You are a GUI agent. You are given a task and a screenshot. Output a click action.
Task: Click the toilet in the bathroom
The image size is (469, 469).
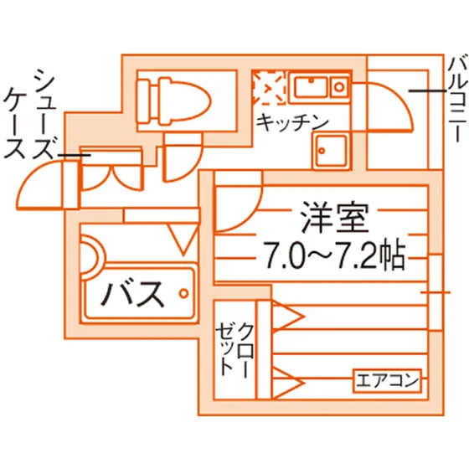(x=173, y=101)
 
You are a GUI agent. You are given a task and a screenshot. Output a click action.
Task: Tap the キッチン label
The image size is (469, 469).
(x=293, y=122)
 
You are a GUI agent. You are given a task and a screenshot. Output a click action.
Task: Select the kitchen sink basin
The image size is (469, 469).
(x=311, y=86)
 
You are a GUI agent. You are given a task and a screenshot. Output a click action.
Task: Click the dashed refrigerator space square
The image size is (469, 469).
(x=268, y=88)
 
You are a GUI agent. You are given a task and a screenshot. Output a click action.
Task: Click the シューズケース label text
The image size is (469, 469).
(x=29, y=114)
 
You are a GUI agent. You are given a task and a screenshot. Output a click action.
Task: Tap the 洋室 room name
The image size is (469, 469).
(x=334, y=218)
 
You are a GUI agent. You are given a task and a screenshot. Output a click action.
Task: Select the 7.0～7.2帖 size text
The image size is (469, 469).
(x=334, y=256)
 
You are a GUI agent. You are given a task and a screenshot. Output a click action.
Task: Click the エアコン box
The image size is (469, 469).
(x=387, y=380)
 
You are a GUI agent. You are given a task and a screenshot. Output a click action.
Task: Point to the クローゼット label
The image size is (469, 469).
(x=235, y=349)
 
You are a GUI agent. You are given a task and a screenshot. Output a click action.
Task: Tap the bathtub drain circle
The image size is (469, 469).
(x=183, y=293)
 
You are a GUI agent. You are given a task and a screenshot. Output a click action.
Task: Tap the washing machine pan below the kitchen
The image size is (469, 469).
(x=332, y=152)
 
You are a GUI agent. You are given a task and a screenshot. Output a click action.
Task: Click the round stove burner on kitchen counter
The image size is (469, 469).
(x=339, y=87)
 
